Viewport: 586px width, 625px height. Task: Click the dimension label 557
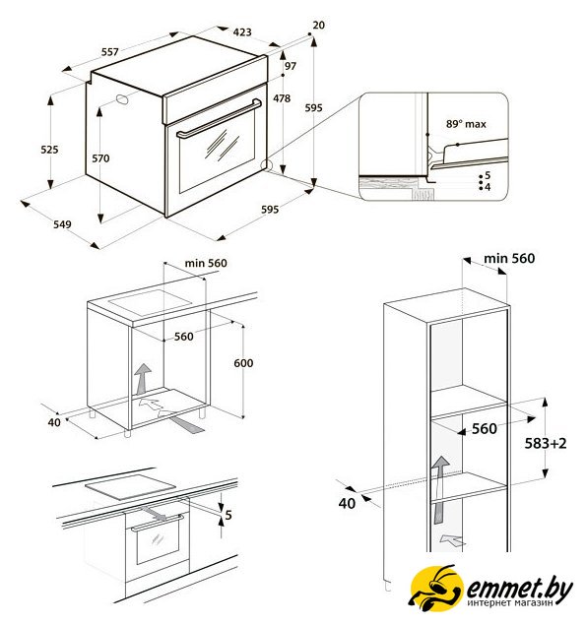coord(109,52)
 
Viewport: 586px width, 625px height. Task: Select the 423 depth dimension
coord(242,31)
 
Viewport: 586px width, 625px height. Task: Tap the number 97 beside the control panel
coord(291,66)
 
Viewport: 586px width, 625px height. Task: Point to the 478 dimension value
coord(282,98)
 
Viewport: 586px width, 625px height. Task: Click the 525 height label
coord(49,150)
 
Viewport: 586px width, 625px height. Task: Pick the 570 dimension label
coord(100,158)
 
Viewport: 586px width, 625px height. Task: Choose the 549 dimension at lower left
coord(62,224)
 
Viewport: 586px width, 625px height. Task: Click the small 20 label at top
coord(318,26)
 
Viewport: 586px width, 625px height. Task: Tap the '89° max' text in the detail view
coord(466,124)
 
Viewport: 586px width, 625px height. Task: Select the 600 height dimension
coord(243,363)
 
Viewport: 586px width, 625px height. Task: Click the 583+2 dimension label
coord(546,443)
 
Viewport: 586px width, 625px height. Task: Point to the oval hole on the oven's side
coord(122,99)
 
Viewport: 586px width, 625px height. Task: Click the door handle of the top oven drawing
coord(219,118)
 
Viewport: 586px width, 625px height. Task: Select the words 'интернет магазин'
coord(510,602)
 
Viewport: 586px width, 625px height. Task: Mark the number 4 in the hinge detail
coord(488,187)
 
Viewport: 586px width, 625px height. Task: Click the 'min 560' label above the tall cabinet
coord(509,258)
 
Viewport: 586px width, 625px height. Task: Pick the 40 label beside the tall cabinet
coord(347,503)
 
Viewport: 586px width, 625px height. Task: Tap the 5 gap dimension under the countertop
coord(228,515)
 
